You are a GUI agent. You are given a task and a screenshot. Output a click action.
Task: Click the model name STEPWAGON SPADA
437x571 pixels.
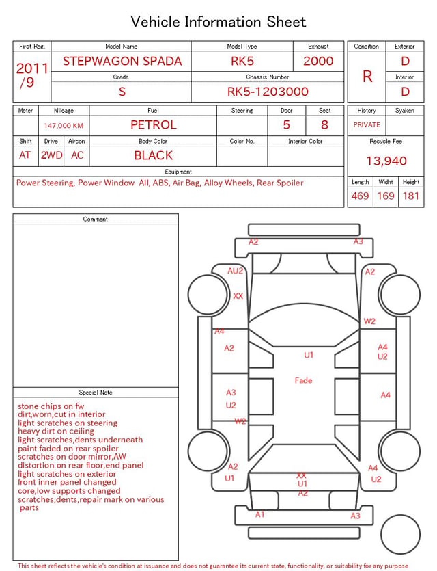point(122,61)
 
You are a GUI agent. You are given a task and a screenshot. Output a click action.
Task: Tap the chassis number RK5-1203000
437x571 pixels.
point(268,92)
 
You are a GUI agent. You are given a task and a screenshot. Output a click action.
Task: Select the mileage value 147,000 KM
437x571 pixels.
point(64,126)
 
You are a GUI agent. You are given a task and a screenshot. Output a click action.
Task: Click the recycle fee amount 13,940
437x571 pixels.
point(386,161)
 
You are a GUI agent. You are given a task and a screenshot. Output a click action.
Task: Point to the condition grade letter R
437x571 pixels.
point(367,77)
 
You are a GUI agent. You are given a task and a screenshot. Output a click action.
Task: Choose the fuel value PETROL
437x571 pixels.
point(154,125)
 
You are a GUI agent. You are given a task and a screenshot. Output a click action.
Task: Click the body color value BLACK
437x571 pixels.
point(154,155)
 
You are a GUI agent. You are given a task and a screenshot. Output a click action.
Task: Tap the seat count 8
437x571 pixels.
point(324,125)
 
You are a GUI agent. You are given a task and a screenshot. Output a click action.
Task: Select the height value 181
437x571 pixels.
point(411,196)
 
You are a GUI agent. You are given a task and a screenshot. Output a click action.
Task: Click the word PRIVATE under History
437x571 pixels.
point(367,125)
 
